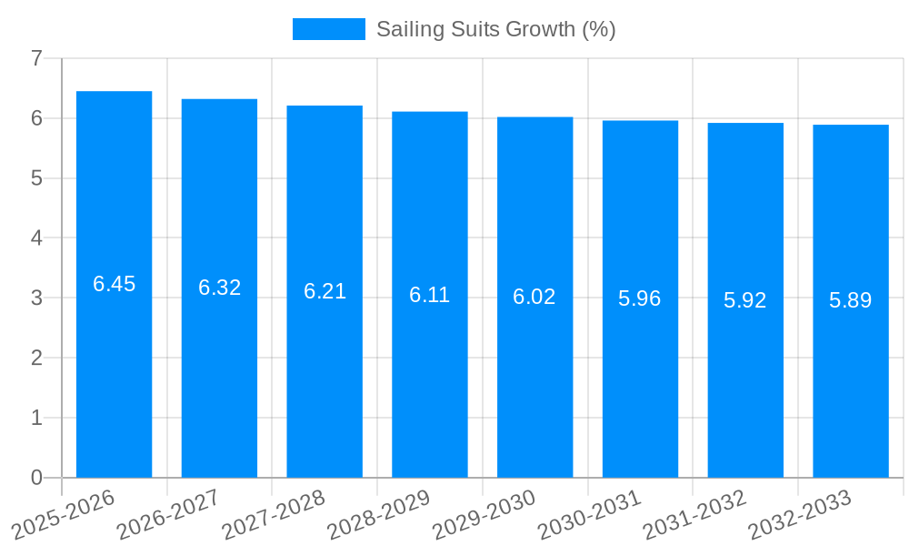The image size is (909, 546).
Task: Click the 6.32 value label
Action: click(x=219, y=288)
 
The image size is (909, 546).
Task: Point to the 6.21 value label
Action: click(x=325, y=291)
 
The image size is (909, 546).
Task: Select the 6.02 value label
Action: click(x=534, y=297)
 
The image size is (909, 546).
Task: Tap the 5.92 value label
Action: click(x=745, y=300)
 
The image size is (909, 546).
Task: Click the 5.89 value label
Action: click(x=851, y=300)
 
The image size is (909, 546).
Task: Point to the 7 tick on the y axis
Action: click(x=36, y=58)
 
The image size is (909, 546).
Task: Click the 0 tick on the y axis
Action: click(x=36, y=478)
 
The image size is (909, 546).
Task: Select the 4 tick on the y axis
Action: click(x=36, y=238)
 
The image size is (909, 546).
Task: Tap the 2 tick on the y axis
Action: click(x=36, y=358)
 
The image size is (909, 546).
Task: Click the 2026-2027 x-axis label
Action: click(x=168, y=513)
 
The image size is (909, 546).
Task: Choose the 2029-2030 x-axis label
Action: click(x=484, y=513)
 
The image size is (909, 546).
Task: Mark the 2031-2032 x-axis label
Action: click(x=694, y=513)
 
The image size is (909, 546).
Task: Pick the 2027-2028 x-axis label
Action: click(x=274, y=513)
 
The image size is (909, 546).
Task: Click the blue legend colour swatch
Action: click(x=328, y=29)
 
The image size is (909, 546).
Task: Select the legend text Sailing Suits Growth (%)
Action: click(x=496, y=29)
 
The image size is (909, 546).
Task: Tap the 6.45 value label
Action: click(x=114, y=284)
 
